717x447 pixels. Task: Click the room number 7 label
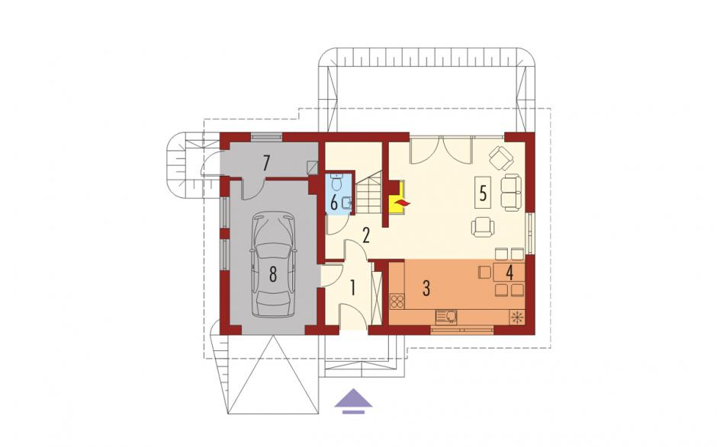tap(267, 163)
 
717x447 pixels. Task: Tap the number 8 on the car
tap(273, 274)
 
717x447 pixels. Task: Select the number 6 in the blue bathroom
tap(334, 202)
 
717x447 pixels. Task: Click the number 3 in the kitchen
tap(426, 288)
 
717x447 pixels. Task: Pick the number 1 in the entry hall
tap(352, 288)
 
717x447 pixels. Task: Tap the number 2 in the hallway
tap(365, 235)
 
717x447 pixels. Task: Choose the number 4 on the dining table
tap(510, 273)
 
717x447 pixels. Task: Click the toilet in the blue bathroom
tap(336, 182)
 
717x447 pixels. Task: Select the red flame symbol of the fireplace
tap(403, 203)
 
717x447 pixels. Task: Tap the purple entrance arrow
tap(353, 401)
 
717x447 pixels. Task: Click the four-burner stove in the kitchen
tap(397, 302)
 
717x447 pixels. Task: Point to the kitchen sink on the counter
tap(446, 317)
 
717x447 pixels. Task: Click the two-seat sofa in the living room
tap(511, 192)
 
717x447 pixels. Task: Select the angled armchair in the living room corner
tap(502, 158)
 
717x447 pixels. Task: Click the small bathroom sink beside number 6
tap(348, 201)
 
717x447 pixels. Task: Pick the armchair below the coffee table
tap(483, 227)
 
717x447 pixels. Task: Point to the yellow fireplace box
tap(396, 197)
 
